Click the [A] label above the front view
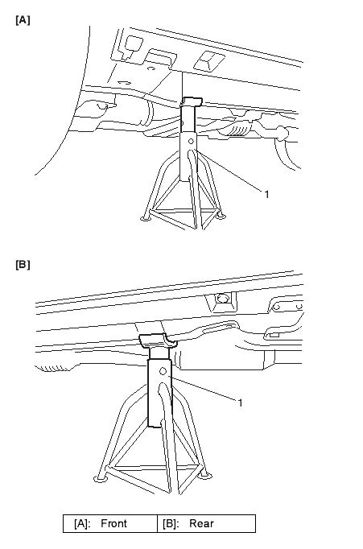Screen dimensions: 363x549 click(23, 20)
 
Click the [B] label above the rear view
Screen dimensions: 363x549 click(23, 265)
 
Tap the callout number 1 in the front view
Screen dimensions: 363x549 click(266, 194)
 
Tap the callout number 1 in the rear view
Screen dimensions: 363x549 click(240, 402)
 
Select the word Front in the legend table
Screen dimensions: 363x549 click(113, 523)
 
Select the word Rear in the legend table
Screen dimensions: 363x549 click(201, 523)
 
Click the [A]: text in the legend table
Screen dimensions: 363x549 click(82, 524)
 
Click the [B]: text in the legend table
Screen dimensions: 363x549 click(171, 524)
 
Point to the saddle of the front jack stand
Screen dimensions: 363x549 click(192, 101)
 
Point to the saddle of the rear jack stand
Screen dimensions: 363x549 click(158, 341)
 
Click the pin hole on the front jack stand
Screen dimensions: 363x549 click(191, 142)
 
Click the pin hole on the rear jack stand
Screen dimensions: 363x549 click(163, 371)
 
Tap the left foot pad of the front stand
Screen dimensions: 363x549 click(146, 218)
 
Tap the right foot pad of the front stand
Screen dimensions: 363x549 click(221, 217)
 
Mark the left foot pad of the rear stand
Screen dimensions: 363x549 click(101, 478)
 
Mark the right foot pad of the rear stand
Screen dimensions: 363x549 click(205, 476)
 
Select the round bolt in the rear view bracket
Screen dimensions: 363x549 click(222, 299)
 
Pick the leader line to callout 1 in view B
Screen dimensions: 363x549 click(204, 388)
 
